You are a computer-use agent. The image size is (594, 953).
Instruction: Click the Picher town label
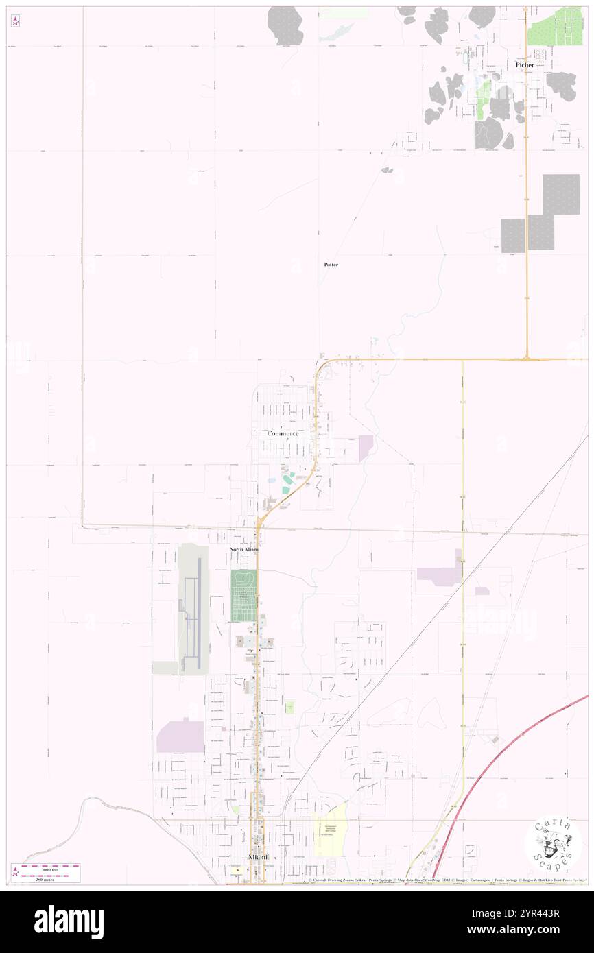click(525, 64)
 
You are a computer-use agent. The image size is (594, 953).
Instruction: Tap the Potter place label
click(331, 264)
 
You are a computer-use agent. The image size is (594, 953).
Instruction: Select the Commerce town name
click(283, 433)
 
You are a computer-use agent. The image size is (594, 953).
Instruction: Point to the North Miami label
click(244, 550)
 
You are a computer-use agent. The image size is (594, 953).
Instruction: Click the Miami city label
click(258, 857)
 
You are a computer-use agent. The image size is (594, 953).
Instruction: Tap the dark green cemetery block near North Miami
click(243, 596)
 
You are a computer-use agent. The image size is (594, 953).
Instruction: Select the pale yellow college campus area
click(331, 830)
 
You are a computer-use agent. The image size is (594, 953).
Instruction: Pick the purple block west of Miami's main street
click(180, 737)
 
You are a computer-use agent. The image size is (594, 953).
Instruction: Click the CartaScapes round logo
click(552, 845)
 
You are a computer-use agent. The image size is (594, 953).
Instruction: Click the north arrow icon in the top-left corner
click(15, 21)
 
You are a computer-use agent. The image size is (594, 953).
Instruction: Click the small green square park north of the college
click(290, 707)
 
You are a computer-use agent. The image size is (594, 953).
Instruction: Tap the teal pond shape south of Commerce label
click(287, 483)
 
